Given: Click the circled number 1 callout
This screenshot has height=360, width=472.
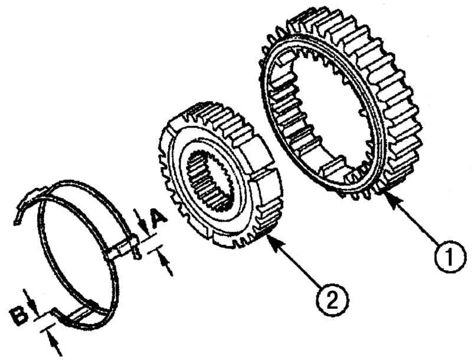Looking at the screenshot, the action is tap(446, 258).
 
